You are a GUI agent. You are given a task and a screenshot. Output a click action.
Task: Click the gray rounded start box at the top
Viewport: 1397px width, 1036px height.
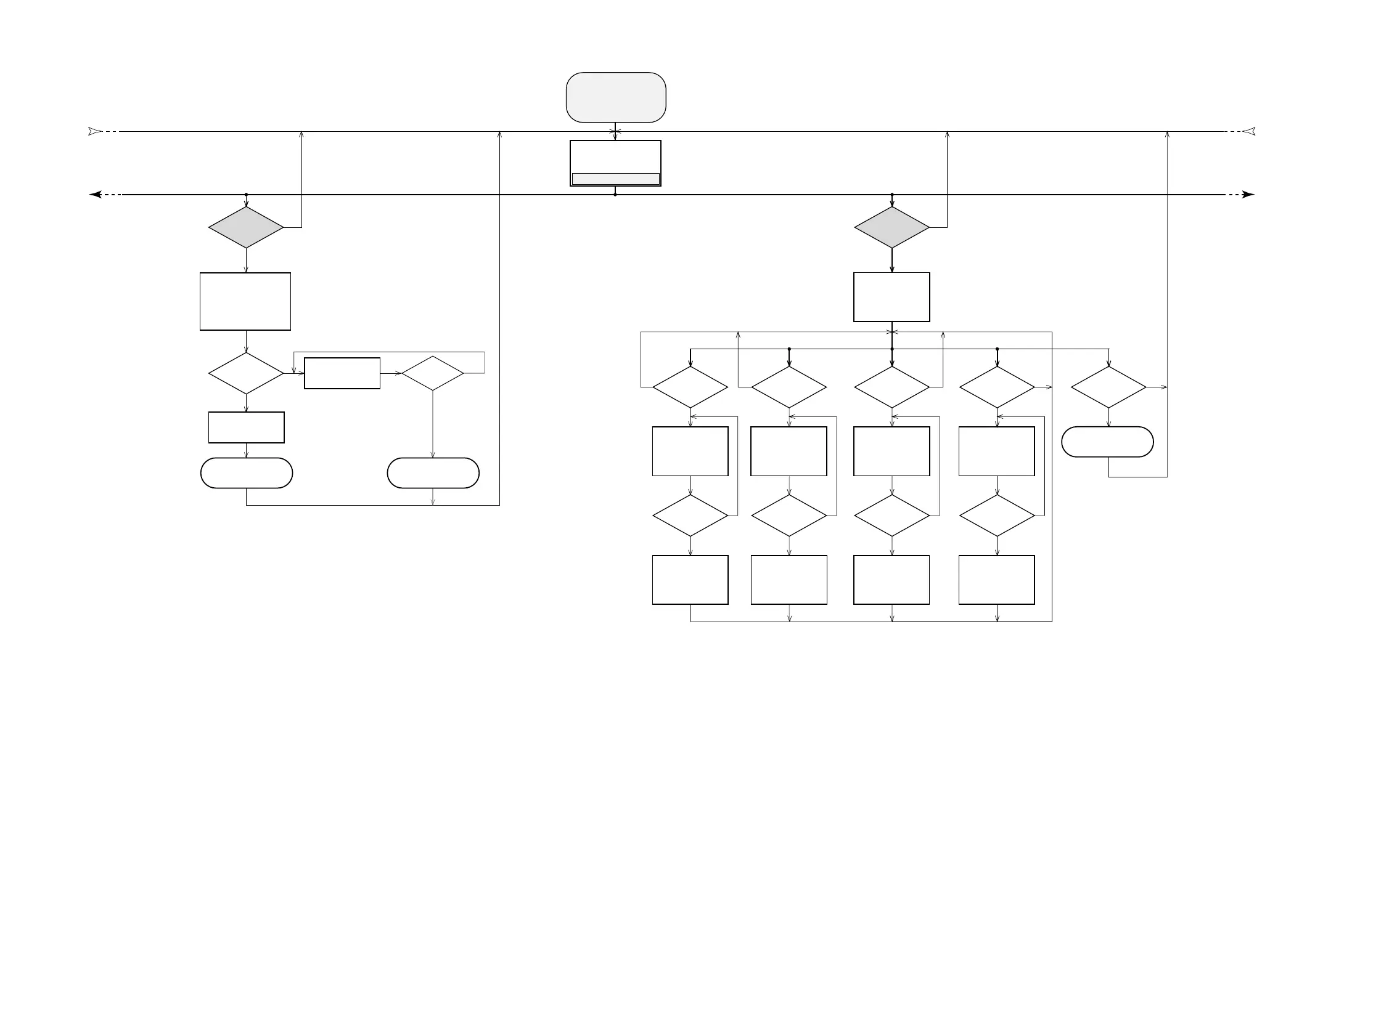click(615, 97)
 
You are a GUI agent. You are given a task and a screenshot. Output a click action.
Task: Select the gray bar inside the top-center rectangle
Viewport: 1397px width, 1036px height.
click(615, 179)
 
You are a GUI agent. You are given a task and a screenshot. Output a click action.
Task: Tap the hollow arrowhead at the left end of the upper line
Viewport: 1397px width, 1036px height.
click(95, 132)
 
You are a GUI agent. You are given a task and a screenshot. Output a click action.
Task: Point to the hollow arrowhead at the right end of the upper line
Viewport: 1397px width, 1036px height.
click(1248, 132)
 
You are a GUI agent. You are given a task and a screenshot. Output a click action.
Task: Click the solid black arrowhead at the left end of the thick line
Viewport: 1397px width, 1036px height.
click(96, 195)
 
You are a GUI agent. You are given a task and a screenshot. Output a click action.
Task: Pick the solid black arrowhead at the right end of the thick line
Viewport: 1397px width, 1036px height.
click(1248, 195)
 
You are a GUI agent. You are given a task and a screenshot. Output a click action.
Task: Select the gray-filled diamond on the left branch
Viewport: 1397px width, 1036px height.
click(246, 227)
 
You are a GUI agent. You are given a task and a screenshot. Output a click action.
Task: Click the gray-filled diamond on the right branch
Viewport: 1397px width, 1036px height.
click(891, 227)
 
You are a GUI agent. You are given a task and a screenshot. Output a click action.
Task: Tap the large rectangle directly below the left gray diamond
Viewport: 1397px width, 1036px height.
click(245, 301)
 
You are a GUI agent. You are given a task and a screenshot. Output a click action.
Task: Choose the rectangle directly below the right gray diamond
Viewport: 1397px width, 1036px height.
click(891, 297)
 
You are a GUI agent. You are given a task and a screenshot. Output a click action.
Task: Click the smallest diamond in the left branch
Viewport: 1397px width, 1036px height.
click(432, 373)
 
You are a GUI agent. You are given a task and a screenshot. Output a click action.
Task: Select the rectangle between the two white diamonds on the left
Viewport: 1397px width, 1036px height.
click(342, 373)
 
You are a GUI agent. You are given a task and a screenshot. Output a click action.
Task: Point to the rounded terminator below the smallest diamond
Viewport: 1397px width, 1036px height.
click(433, 473)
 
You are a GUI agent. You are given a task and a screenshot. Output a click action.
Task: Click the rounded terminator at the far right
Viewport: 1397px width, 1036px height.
click(1107, 442)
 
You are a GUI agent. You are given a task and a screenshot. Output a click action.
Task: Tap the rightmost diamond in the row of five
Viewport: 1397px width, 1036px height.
click(1108, 387)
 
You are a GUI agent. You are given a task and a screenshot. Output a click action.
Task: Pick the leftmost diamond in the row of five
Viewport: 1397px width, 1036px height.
click(690, 387)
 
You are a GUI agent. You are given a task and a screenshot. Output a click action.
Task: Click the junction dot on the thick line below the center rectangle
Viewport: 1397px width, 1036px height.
click(615, 195)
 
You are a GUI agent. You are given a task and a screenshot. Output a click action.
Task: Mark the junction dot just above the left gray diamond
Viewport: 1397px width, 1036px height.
click(246, 195)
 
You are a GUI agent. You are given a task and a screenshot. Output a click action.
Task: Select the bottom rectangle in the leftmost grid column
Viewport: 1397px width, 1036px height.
click(690, 580)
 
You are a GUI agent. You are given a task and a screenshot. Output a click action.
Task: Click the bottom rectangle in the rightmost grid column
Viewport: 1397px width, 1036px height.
click(997, 580)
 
